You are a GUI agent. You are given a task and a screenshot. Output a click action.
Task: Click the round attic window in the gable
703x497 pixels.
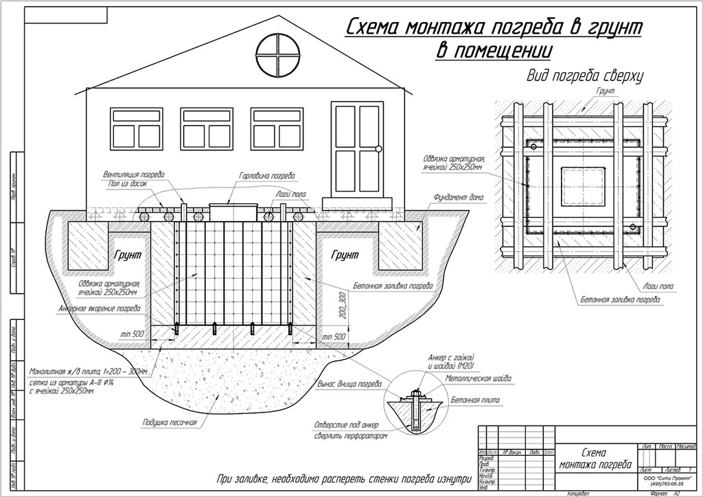278,53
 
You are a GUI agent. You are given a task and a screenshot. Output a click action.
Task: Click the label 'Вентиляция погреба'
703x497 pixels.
133,174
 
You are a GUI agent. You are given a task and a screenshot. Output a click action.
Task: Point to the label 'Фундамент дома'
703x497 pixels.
459,198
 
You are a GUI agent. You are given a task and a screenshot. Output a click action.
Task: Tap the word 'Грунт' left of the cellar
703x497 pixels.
128,254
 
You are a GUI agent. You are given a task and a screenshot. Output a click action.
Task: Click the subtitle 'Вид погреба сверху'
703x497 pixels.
584,76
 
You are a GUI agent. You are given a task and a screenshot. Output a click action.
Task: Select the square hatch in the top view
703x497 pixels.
584,187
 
